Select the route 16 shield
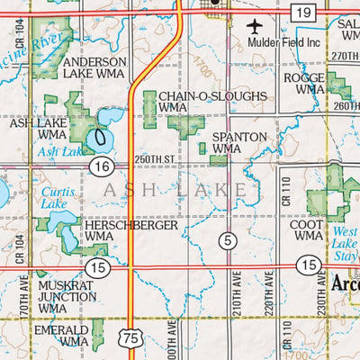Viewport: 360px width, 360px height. pyautogui.click(x=101, y=166)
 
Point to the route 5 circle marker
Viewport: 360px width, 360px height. pyautogui.click(x=229, y=239)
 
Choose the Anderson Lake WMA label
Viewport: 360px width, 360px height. pyautogui.click(x=95, y=68)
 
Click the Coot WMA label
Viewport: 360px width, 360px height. pyautogui.click(x=309, y=229)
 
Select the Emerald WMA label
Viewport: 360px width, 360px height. pyautogui.click(x=62, y=336)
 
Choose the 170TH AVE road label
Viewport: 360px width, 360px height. pyautogui.click(x=22, y=297)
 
